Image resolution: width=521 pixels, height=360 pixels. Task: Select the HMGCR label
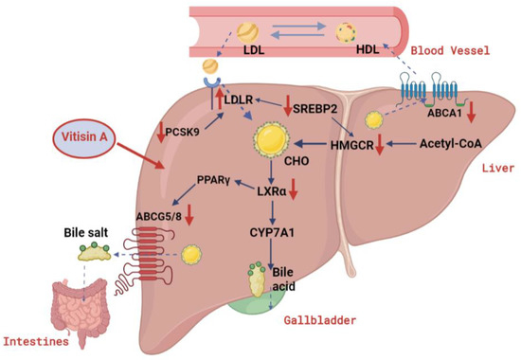(346, 145)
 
